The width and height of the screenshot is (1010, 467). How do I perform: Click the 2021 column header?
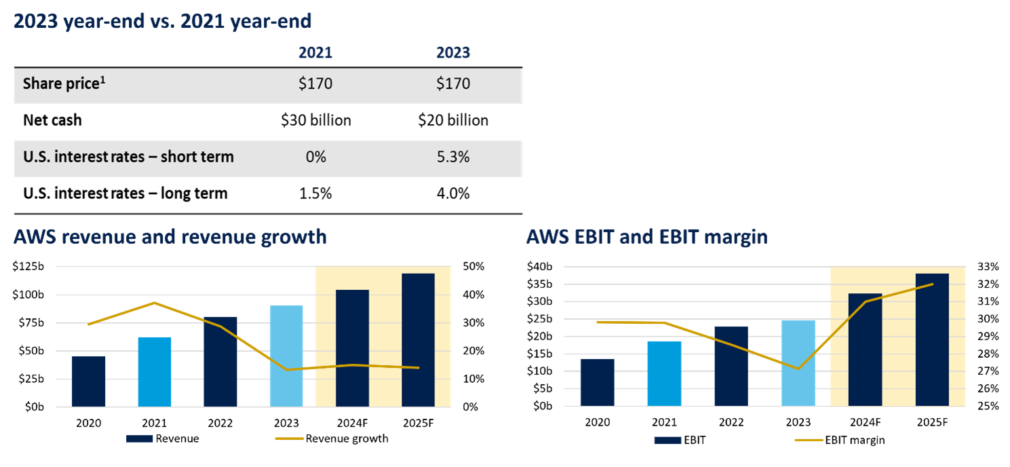click(315, 53)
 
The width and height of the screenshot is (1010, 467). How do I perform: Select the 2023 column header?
click(453, 53)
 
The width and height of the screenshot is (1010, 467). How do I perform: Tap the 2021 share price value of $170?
click(315, 85)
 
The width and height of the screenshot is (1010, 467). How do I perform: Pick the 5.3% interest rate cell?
click(453, 157)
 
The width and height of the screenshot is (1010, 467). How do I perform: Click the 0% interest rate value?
click(315, 157)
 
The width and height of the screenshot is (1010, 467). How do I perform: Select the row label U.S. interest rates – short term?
click(128, 157)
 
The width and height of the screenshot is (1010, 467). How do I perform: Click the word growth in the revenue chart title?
click(292, 237)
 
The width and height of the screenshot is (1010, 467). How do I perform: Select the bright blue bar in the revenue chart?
click(155, 371)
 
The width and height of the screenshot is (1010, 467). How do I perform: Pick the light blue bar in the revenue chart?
click(286, 356)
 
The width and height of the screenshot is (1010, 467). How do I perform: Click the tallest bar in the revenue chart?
click(418, 340)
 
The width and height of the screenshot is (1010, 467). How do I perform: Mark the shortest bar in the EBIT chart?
click(598, 382)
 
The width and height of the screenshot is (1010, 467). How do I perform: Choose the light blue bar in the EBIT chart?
click(798, 363)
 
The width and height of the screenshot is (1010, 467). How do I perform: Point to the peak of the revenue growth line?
click(155, 303)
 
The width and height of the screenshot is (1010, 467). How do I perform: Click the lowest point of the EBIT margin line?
click(798, 369)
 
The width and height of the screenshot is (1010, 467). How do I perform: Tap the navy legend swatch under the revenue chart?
click(140, 438)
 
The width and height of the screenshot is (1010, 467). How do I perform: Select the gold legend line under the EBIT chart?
click(809, 440)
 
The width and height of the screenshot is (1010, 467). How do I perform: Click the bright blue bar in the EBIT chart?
click(664, 373)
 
